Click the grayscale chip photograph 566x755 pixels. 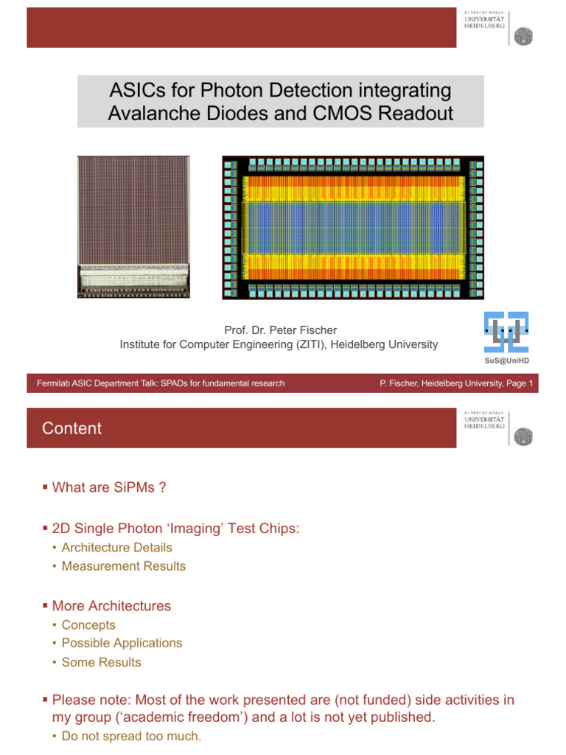point(133,227)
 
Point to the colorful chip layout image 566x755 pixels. point(353,227)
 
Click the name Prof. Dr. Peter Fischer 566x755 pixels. point(280,330)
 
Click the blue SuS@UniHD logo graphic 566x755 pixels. point(506,333)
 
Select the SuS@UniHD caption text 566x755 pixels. point(506,361)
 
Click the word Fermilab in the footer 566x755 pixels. point(53,383)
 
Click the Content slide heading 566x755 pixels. point(71,428)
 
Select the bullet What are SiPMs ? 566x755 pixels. point(109,487)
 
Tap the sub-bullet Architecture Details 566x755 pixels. point(116,548)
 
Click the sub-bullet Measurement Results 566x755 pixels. point(123,566)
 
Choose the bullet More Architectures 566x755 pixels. point(111,606)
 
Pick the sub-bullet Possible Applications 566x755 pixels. point(122,643)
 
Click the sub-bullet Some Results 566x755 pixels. point(101,663)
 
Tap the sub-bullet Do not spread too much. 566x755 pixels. point(131,737)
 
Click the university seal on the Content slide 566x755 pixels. point(523,436)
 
